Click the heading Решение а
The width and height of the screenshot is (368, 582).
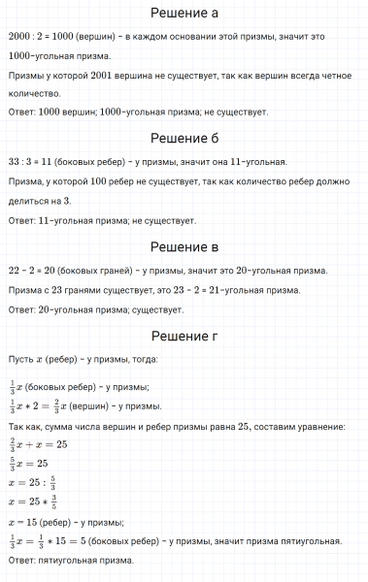184,13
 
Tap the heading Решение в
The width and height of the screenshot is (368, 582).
184,246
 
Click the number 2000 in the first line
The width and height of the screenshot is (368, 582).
19,36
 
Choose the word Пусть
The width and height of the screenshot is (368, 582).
20,360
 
